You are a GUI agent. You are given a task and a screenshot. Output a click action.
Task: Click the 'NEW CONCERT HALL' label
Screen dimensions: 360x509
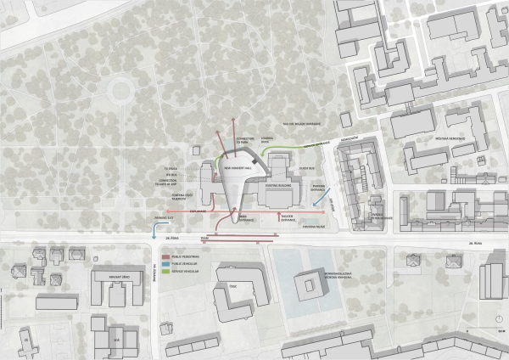click(x=238, y=167)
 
